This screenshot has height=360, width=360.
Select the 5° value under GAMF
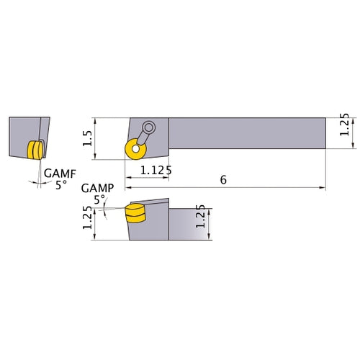tap(60, 184)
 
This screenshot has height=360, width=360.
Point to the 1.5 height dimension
tap(88, 138)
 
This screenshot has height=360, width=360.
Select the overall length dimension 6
tap(224, 179)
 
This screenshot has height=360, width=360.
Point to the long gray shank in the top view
tap(245, 133)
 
